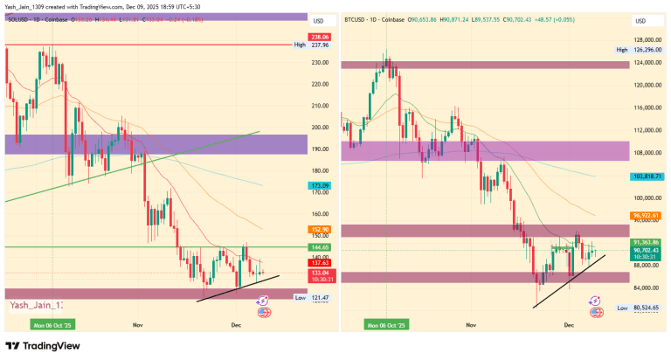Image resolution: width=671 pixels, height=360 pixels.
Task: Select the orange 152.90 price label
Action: (x=320, y=229)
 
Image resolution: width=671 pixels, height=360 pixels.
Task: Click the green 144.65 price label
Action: (x=320, y=248)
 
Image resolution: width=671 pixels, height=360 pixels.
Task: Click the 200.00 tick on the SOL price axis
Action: (x=320, y=126)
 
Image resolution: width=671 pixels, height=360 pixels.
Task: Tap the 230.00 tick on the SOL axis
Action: (x=320, y=63)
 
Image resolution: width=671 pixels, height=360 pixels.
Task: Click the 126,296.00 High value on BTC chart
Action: (x=648, y=51)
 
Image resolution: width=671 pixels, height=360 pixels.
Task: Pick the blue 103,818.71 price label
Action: (x=648, y=177)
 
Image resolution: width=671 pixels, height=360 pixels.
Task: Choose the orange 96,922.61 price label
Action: (x=648, y=215)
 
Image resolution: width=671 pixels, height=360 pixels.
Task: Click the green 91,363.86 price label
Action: (x=648, y=241)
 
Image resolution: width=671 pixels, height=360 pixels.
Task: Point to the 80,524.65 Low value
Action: (x=648, y=308)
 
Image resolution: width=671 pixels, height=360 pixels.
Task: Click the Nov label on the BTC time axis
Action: (x=472, y=324)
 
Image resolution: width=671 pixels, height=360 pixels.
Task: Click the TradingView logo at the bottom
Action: (x=43, y=345)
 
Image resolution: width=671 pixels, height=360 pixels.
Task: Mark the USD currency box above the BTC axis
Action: (x=640, y=20)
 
